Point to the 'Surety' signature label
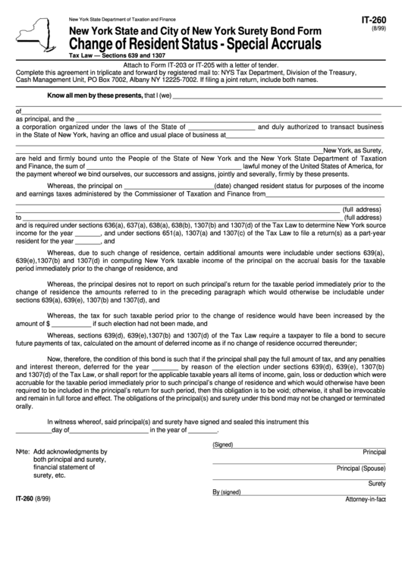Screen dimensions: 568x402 pos(376,484)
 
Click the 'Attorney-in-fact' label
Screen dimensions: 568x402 pos(366,500)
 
